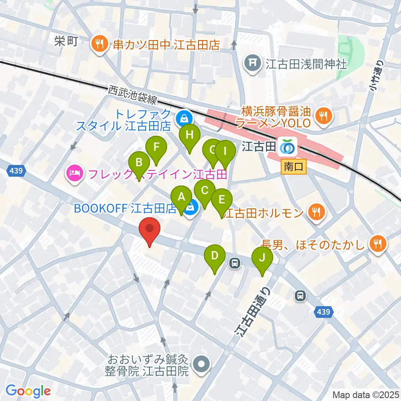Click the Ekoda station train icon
click(287, 146)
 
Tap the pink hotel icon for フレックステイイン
click(74, 172)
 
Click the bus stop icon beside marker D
click(235, 263)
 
